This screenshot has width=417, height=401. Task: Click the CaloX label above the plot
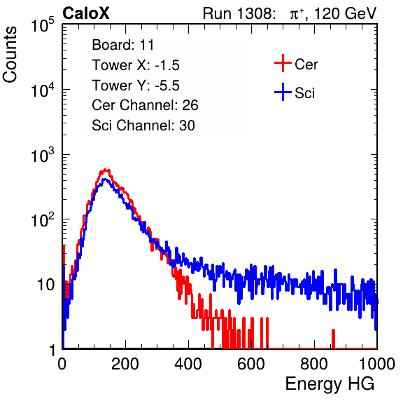[x=85, y=13]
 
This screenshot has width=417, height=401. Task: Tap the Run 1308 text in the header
[x=237, y=13]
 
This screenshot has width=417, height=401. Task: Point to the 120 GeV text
[x=346, y=13]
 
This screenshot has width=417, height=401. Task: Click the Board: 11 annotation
[x=123, y=45]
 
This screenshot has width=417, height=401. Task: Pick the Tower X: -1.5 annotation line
[x=136, y=65]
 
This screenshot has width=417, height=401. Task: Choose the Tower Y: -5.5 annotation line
[x=136, y=86]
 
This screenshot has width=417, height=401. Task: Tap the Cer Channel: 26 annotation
[x=145, y=105]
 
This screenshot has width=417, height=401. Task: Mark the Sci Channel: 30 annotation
[x=143, y=125]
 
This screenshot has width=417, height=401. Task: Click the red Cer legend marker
[x=283, y=63]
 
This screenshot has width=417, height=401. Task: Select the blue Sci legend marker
[x=283, y=93]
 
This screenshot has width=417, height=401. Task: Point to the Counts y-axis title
[x=10, y=55]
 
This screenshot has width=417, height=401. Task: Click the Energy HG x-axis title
[x=330, y=383]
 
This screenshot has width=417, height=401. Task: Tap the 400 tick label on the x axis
[x=188, y=364]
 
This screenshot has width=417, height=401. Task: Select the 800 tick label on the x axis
[x=314, y=364]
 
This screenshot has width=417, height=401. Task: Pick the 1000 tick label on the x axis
[x=377, y=364]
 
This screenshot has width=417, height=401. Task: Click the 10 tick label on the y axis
[x=46, y=285]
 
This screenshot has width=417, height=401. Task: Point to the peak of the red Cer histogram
[x=106, y=170]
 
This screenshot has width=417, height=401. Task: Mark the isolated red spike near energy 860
[x=333, y=339]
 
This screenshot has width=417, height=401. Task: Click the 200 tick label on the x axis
[x=125, y=364]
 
